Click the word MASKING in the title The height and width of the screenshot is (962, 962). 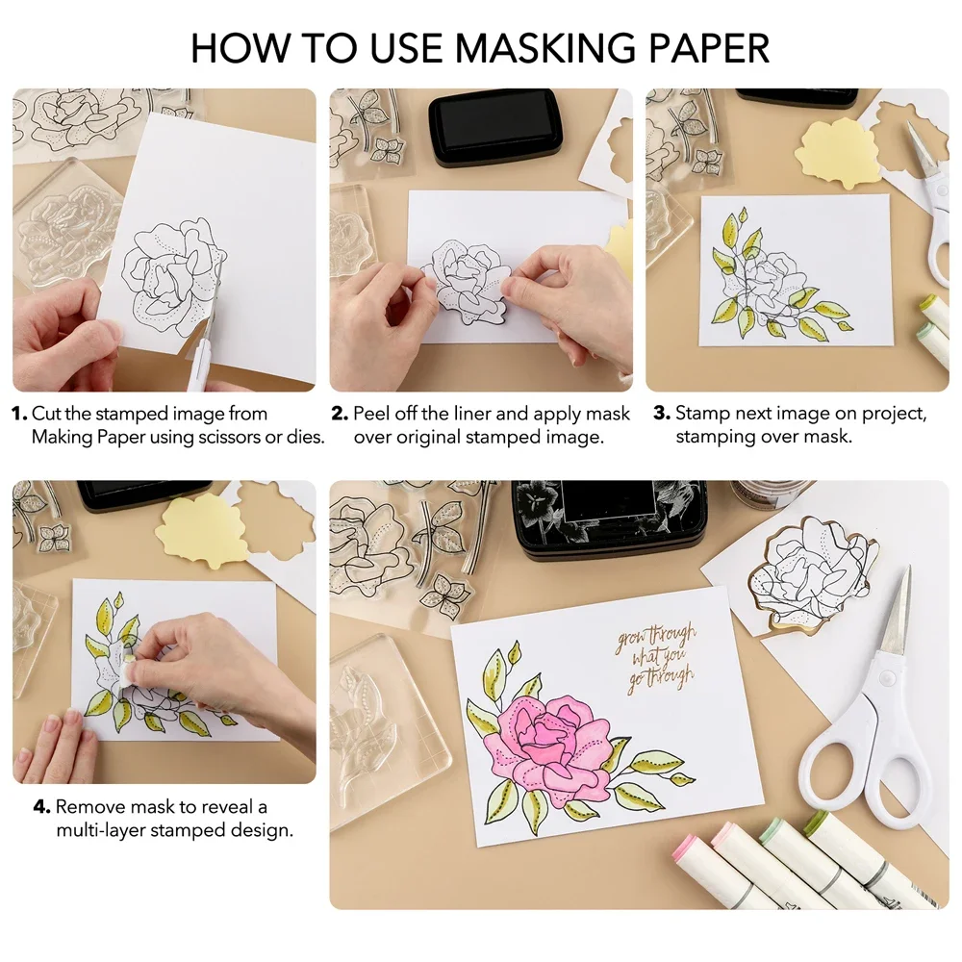tap(544, 48)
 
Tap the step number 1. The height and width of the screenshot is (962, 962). tap(18, 414)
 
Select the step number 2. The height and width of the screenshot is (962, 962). tap(340, 414)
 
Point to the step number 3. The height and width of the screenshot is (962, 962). tap(662, 414)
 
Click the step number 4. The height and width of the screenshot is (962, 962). tap(41, 806)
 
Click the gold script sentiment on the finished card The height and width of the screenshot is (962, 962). tap(655, 658)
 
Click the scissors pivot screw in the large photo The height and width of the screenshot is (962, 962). tap(885, 677)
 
